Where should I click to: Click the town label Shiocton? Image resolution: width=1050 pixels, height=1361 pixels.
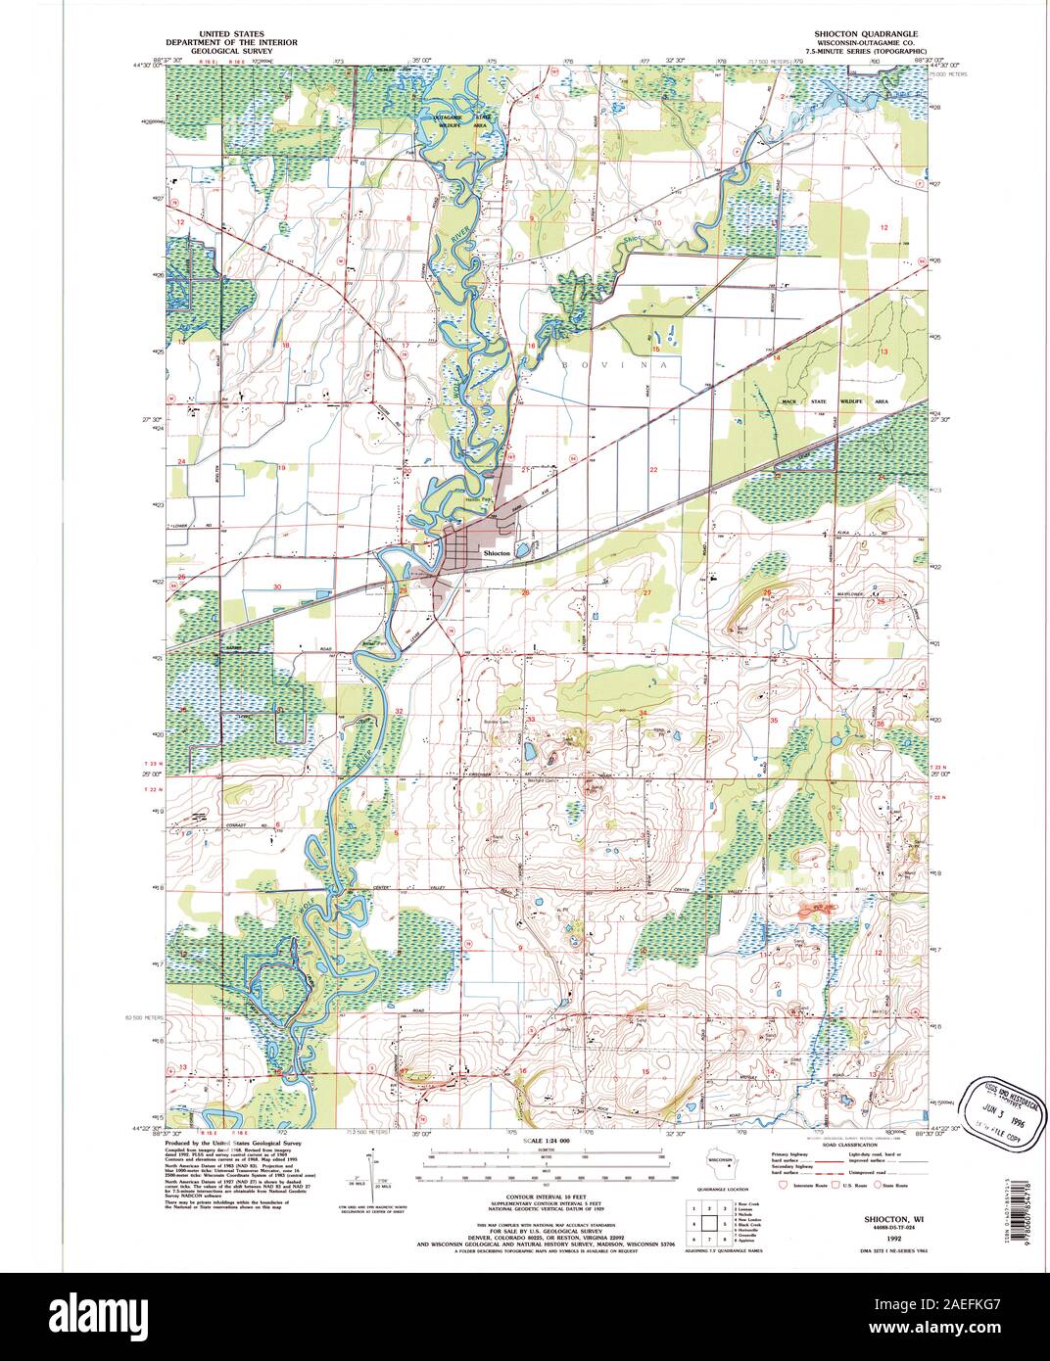[497, 553]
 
